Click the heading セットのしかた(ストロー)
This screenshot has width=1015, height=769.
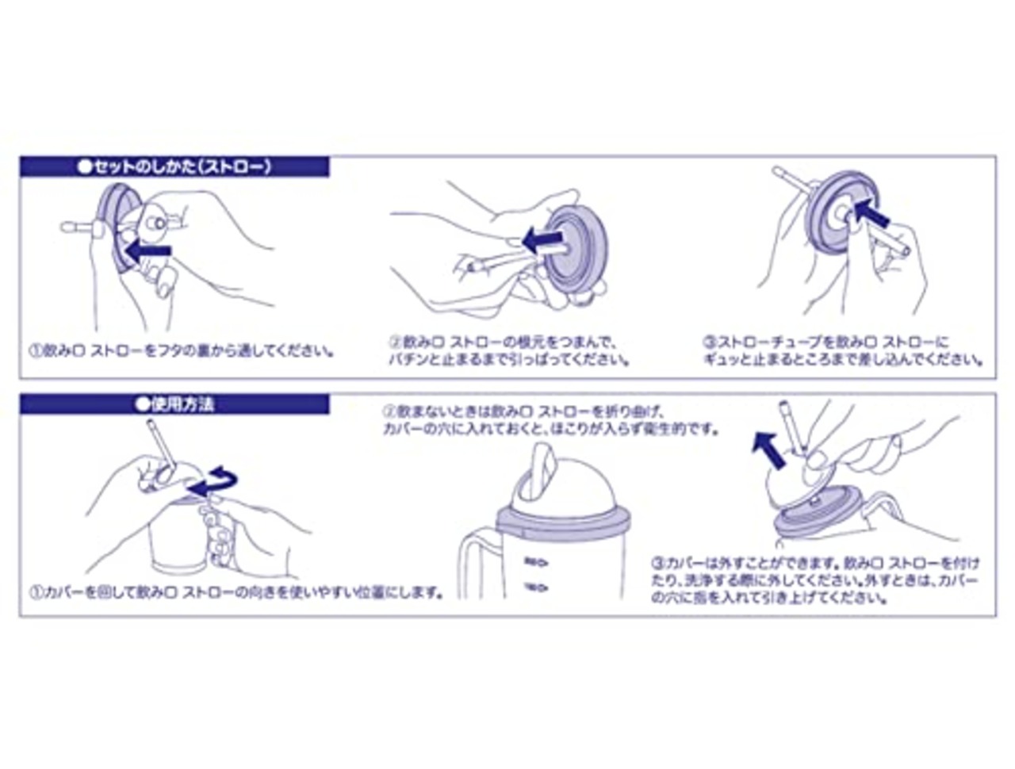[x=174, y=166]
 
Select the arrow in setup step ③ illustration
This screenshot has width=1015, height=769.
[x=875, y=212]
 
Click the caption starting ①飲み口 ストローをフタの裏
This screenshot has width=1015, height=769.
[x=181, y=349]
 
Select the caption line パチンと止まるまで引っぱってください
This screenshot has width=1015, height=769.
[x=508, y=359]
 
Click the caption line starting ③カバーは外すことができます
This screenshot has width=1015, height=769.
[x=816, y=564]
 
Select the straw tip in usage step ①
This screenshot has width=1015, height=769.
[x=152, y=426]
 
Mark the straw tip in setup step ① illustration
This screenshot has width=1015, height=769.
[x=70, y=231]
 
